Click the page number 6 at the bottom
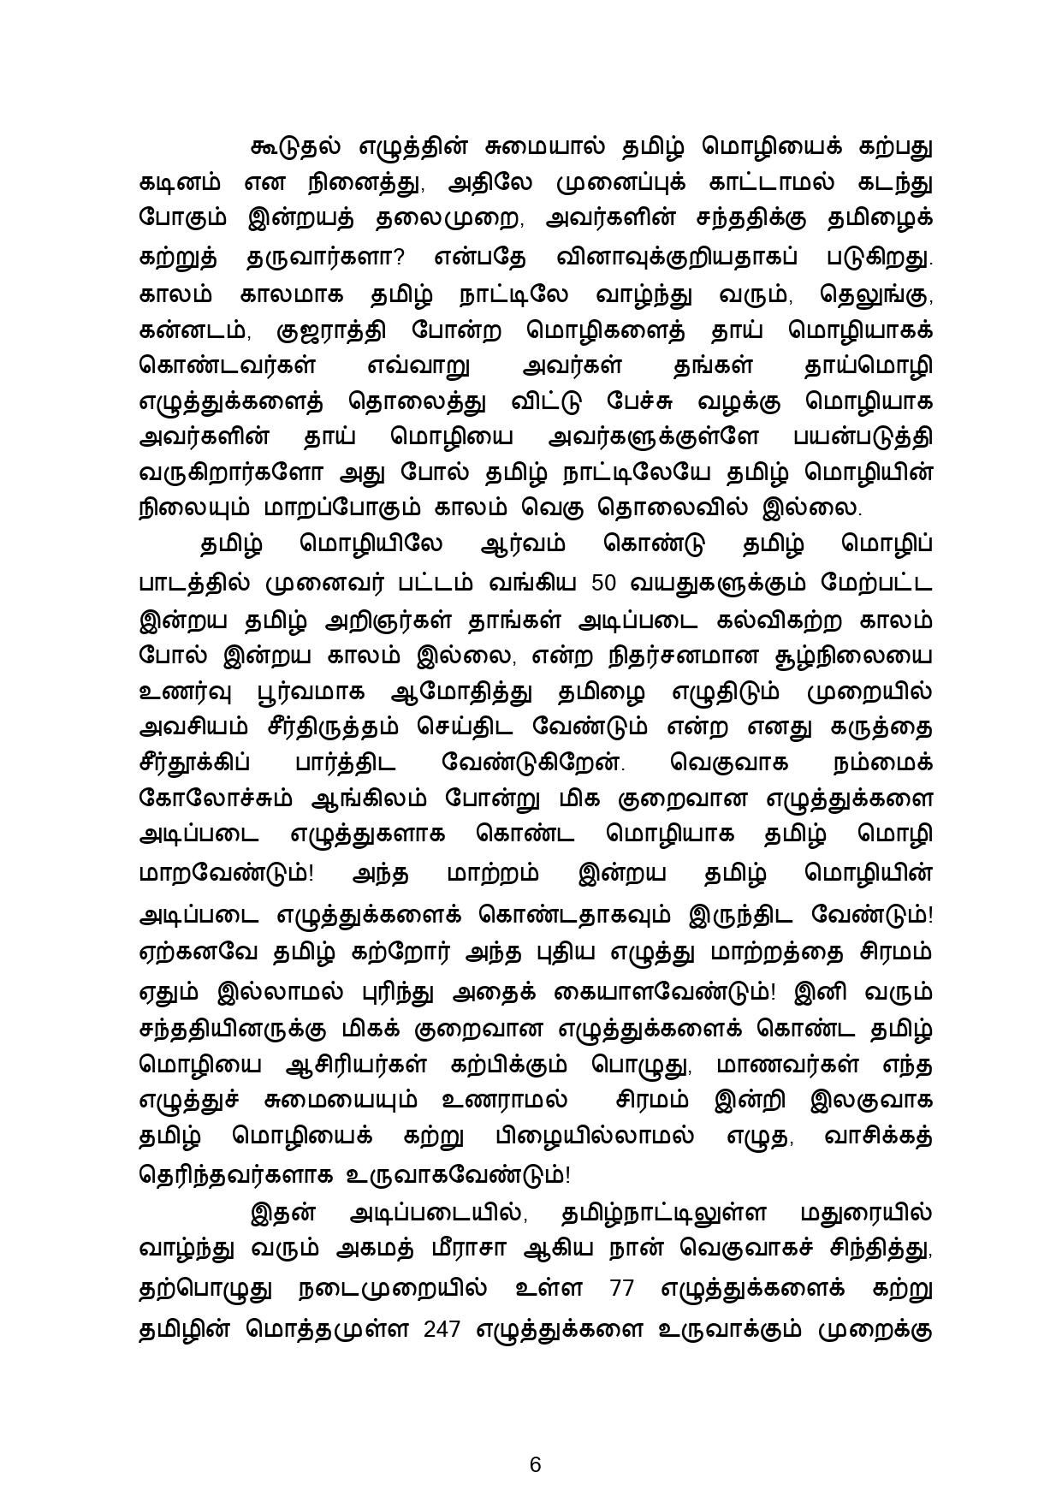[536, 1440]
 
